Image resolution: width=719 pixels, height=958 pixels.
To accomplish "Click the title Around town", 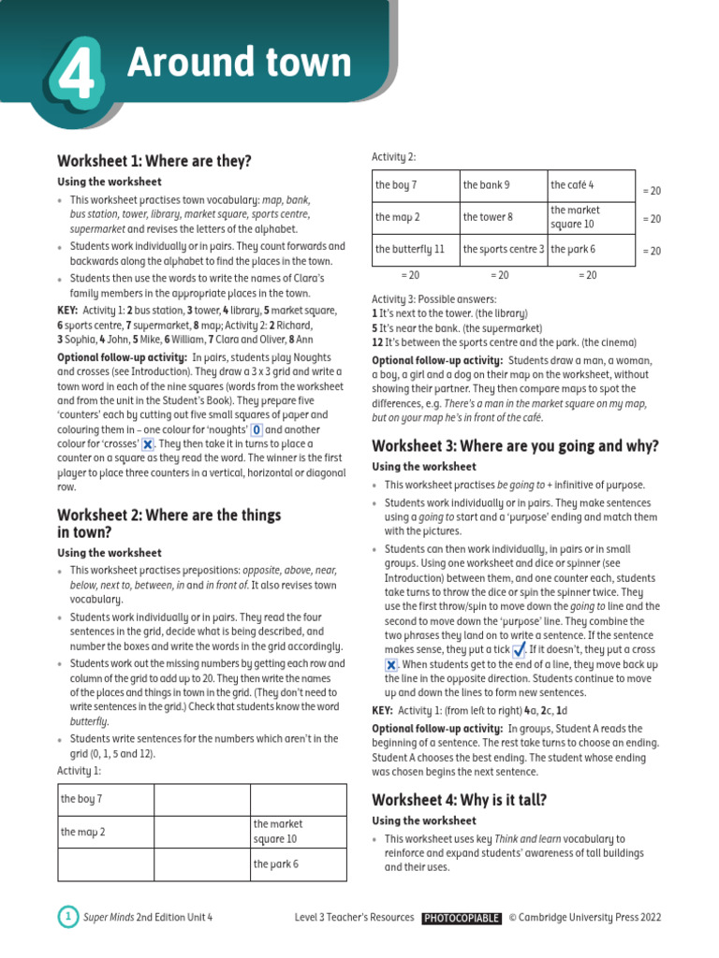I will [x=239, y=63].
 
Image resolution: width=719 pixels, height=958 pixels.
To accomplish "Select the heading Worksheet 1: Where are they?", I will [x=154, y=161].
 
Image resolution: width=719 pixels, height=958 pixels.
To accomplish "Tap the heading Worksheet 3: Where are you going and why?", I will [x=516, y=445].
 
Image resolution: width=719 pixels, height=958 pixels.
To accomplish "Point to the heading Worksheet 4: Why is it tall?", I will [x=460, y=799].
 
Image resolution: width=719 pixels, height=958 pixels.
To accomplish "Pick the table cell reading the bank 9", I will [x=503, y=185].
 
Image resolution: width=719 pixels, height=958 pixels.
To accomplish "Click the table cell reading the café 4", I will [x=590, y=185].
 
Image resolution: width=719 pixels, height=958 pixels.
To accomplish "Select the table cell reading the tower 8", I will [x=503, y=217].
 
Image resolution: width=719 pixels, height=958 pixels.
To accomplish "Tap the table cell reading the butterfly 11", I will [x=416, y=250].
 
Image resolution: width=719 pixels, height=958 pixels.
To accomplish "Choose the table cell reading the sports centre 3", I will [x=503, y=250].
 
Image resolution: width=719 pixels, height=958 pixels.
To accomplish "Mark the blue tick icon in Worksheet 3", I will [x=521, y=649].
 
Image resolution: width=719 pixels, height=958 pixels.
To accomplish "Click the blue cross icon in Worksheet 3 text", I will [x=391, y=664].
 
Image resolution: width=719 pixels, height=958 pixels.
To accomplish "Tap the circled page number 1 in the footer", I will [x=67, y=917].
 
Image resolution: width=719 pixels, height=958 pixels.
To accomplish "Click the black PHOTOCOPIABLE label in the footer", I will [x=461, y=918].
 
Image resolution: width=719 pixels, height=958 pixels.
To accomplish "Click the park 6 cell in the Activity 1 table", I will [x=297, y=864].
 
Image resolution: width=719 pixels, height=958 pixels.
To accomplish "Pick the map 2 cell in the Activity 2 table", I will [x=416, y=217].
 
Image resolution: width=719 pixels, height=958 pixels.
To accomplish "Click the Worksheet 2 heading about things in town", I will [x=169, y=523].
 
